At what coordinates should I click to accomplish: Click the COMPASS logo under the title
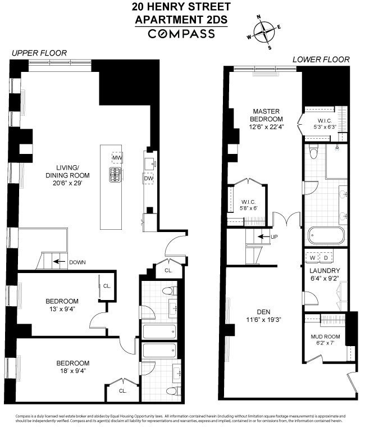181,34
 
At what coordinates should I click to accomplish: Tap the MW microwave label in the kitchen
117,158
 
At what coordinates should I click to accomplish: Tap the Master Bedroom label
267,115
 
